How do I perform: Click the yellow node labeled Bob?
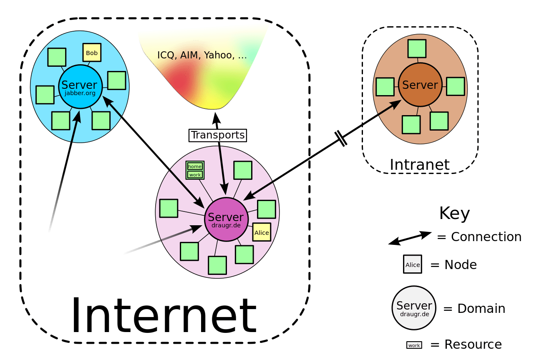(92, 53)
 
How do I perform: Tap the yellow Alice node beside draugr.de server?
(262, 232)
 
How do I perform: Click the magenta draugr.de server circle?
(226, 219)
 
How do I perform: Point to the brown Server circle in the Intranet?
(420, 85)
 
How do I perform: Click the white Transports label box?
(217, 135)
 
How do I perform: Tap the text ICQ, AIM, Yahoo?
(202, 55)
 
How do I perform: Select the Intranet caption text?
(420, 165)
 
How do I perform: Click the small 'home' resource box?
(194, 166)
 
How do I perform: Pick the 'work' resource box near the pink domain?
(194, 175)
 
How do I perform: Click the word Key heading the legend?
(454, 214)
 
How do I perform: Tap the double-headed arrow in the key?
(410, 238)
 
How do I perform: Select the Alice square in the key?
(412, 264)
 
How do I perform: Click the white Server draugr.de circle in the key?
(413, 308)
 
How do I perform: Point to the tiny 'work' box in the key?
(414, 345)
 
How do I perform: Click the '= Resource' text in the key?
(466, 345)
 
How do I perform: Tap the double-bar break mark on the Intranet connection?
(341, 138)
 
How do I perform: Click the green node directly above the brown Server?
(416, 49)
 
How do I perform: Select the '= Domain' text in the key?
(474, 309)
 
